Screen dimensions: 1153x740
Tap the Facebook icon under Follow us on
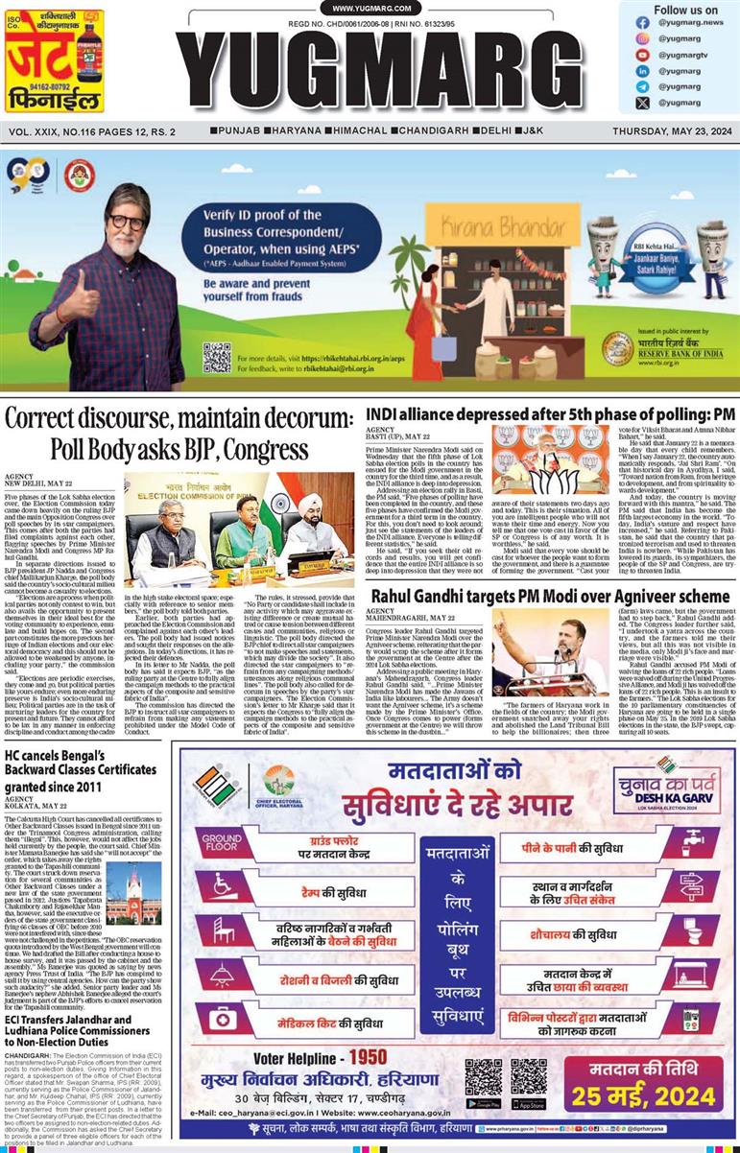click(x=642, y=22)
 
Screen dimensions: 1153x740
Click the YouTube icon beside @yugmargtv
click(x=642, y=55)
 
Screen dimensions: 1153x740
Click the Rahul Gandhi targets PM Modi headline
click(x=548, y=596)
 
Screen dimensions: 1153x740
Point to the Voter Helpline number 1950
click(x=368, y=1056)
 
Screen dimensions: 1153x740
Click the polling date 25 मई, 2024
click(x=651, y=1094)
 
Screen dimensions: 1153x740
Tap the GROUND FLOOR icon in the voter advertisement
click(x=221, y=842)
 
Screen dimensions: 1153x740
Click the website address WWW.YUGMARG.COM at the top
click(x=370, y=9)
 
